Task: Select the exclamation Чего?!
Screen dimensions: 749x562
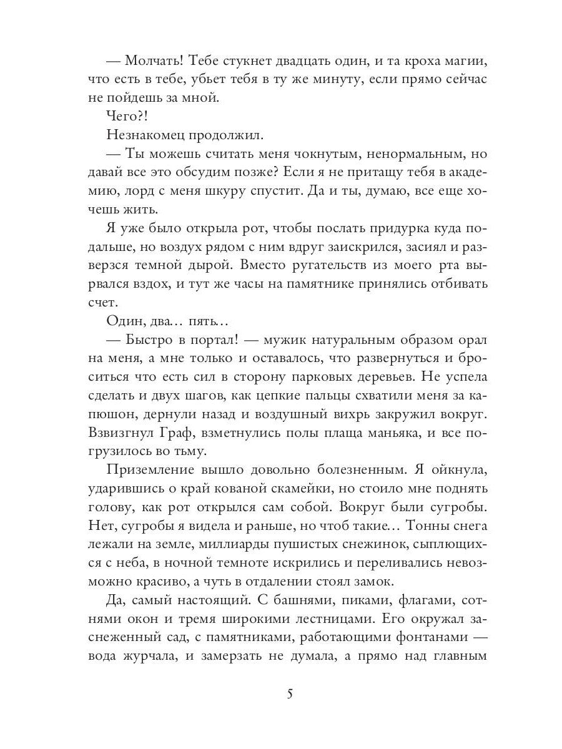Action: tap(125, 117)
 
